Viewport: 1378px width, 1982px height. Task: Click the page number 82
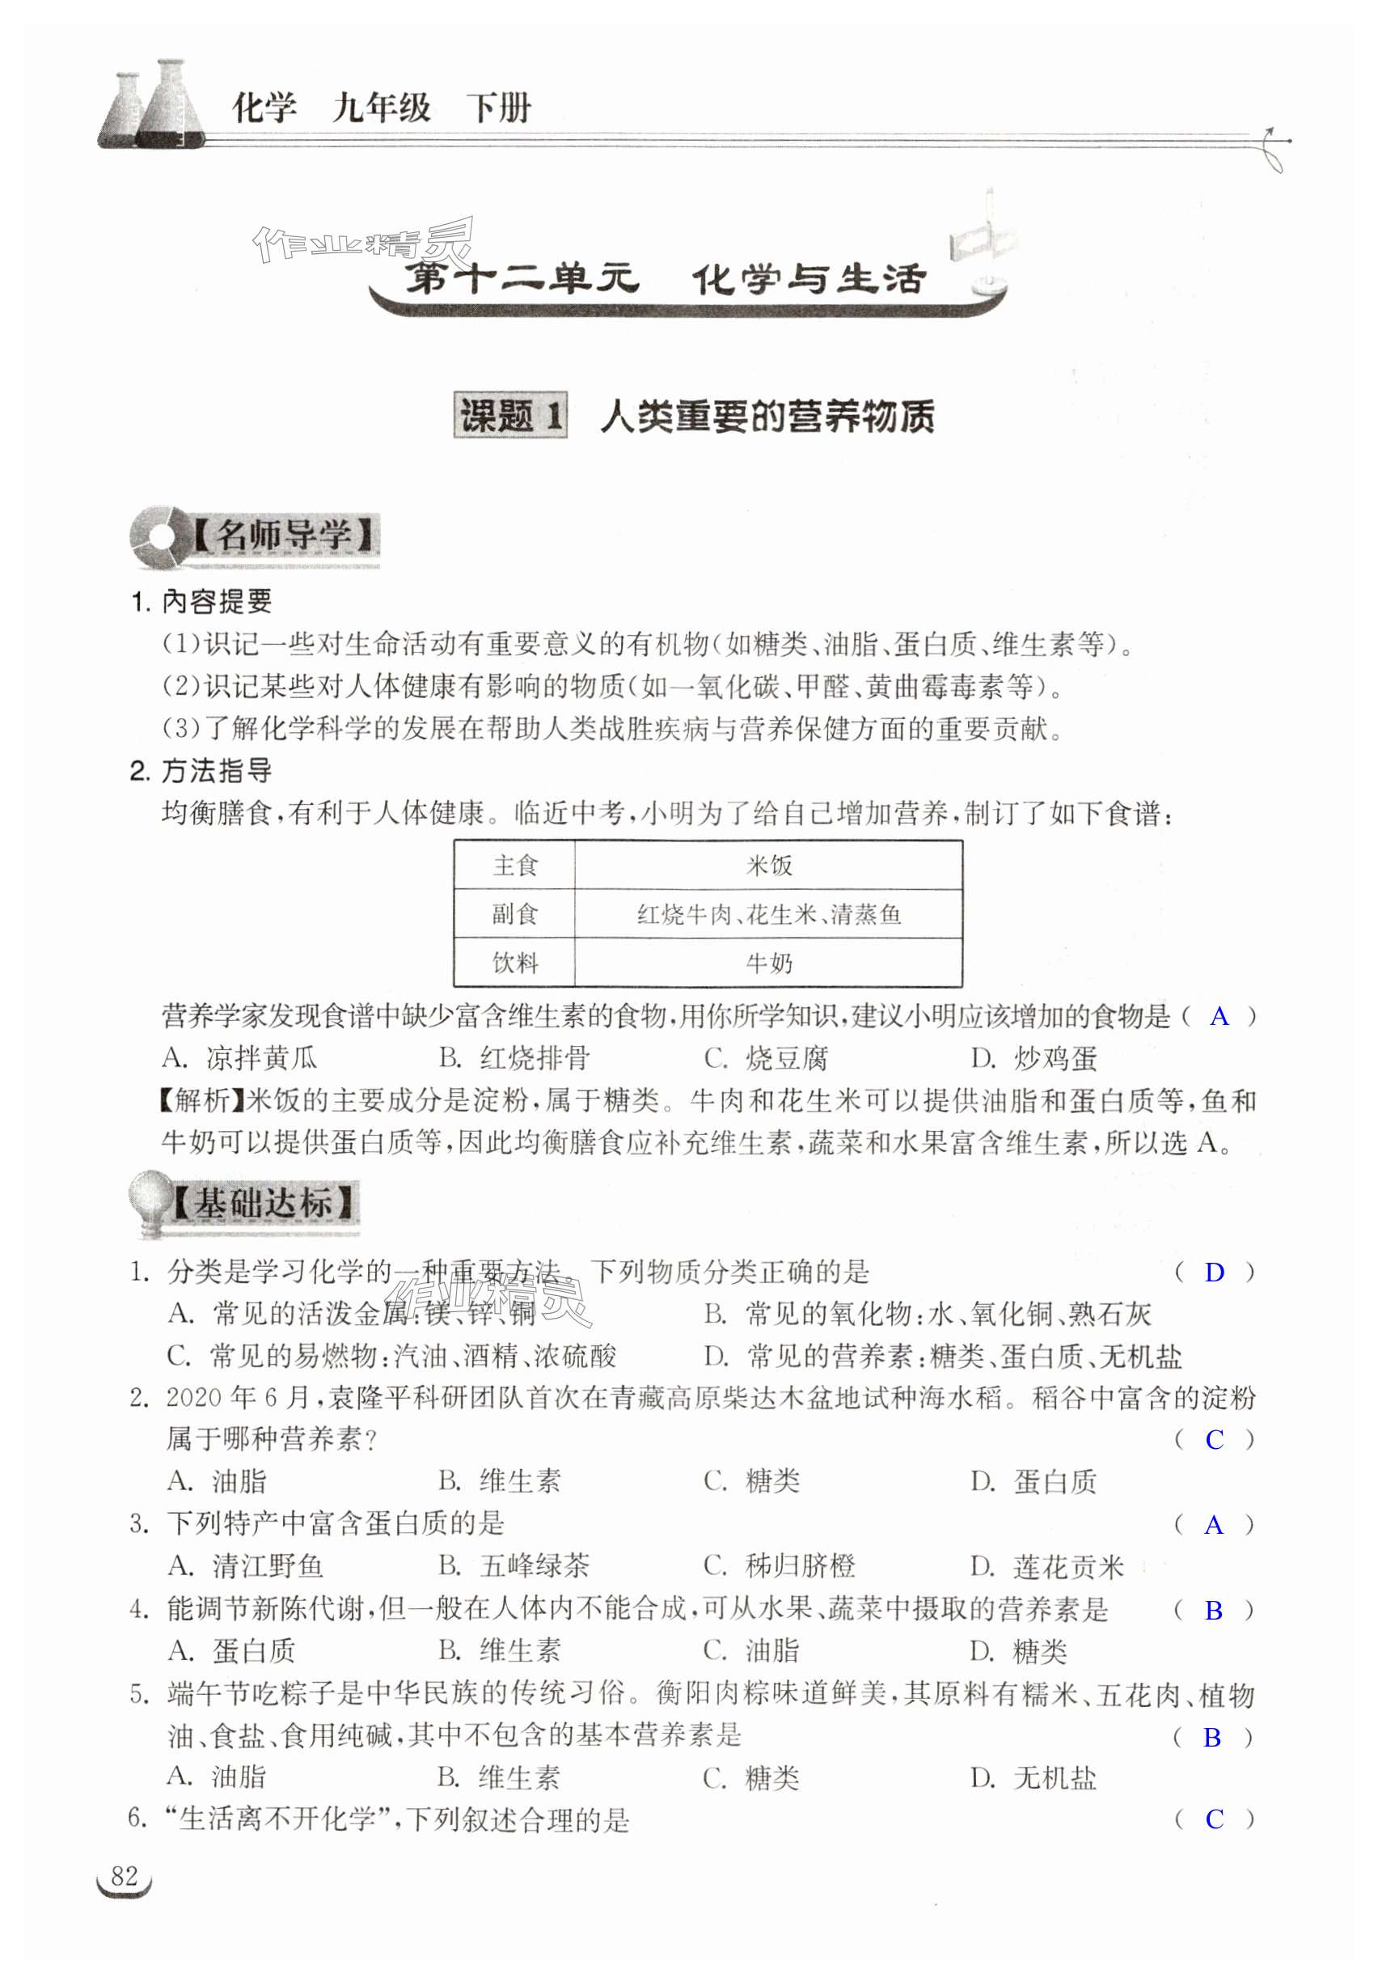[x=125, y=1876]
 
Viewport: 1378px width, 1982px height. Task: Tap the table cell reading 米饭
[x=768, y=865]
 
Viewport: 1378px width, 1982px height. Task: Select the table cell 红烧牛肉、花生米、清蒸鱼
[x=768, y=914]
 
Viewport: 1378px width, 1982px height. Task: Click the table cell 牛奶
[x=768, y=963]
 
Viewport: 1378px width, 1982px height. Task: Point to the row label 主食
[x=515, y=865]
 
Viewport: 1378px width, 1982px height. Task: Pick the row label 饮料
[x=515, y=963]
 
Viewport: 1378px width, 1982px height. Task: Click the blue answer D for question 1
[x=1214, y=1273]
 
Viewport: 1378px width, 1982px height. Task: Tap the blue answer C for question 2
[x=1214, y=1439]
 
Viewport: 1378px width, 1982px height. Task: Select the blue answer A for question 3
[x=1213, y=1524]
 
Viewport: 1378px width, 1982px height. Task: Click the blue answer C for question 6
[x=1214, y=1819]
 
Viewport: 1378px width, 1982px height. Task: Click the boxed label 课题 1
[x=511, y=416]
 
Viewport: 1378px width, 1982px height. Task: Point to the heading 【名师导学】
[x=283, y=536]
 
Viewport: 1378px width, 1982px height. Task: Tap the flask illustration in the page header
[x=154, y=105]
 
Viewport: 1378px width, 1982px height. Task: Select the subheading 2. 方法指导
[x=201, y=770]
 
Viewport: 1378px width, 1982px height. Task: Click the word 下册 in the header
[x=499, y=108]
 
